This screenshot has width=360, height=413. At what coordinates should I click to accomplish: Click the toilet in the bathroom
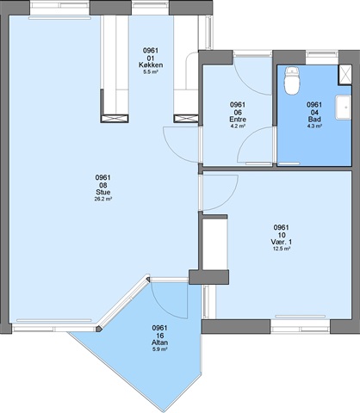pos(292,81)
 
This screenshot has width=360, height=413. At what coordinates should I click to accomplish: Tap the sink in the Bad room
pos(344,108)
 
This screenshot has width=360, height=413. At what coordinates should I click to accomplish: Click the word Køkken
pos(151,65)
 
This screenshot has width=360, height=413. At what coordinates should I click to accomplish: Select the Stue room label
pos(103,192)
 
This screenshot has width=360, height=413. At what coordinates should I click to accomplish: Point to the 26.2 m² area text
pos(103,199)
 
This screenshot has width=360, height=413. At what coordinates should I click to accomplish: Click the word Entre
pos(238,120)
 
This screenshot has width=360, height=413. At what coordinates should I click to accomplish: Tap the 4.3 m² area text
pos(314,126)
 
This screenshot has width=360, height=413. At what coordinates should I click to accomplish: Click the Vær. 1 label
pos(282,242)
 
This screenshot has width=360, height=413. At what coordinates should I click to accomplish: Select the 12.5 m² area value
pos(282,249)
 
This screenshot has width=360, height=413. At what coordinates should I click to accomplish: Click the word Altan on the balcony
pos(160,342)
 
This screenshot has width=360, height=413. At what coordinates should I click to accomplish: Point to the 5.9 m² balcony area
pos(160,349)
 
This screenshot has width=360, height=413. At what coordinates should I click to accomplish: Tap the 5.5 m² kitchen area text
pos(151,71)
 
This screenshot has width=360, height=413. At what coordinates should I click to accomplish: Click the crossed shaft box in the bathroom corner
pos(345,75)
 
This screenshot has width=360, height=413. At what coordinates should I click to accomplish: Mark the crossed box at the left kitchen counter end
pos(115,119)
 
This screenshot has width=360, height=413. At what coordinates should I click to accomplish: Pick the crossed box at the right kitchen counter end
pos(186,119)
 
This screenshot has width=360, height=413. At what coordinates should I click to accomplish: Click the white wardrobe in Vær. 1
pos(215,244)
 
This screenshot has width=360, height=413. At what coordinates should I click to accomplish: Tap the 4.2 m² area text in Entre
pos(238,126)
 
